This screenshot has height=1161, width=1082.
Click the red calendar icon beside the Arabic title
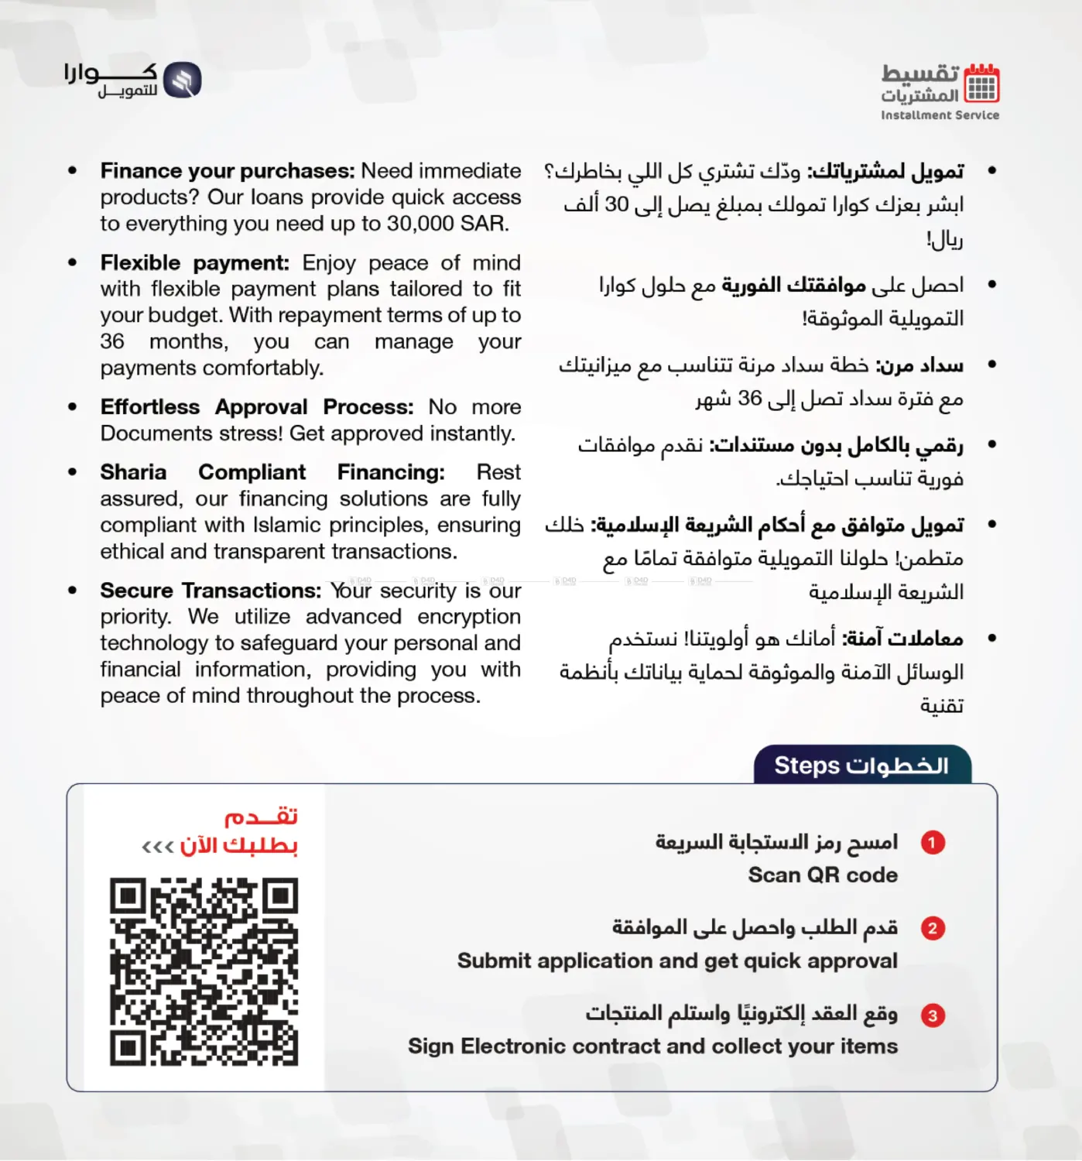tap(981, 84)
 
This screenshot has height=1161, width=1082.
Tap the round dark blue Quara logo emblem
tap(183, 80)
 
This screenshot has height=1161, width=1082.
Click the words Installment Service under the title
tap(940, 115)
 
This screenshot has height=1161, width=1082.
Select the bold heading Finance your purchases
tap(227, 171)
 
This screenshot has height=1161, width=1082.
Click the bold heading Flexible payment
tap(194, 263)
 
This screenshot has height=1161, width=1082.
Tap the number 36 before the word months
tap(112, 341)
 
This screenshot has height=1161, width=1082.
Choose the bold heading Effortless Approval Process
tap(257, 407)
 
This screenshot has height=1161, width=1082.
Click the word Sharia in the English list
tap(133, 472)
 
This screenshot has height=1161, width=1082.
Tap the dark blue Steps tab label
tap(861, 765)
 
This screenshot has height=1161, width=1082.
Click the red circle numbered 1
tap(933, 842)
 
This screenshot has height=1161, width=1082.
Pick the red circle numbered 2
tap(933, 928)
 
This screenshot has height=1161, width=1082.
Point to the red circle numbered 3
tap(933, 1015)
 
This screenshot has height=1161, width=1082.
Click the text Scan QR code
tap(823, 875)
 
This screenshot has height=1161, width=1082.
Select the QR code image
tap(204, 971)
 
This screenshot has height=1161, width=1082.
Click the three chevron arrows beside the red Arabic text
tap(157, 847)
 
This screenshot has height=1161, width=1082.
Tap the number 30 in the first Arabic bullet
tap(616, 205)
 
